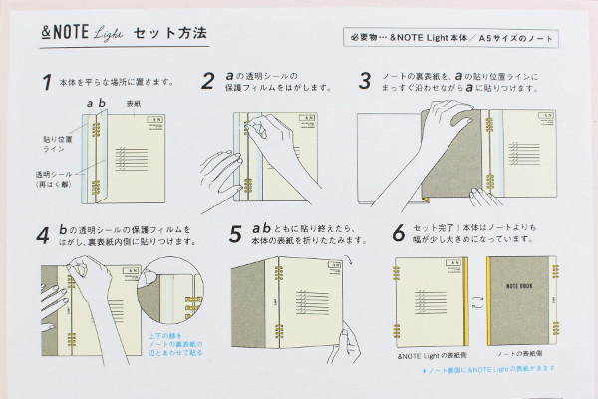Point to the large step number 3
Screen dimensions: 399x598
[365, 81]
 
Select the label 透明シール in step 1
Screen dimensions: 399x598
[52, 179]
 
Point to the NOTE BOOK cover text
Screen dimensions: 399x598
[527, 284]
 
